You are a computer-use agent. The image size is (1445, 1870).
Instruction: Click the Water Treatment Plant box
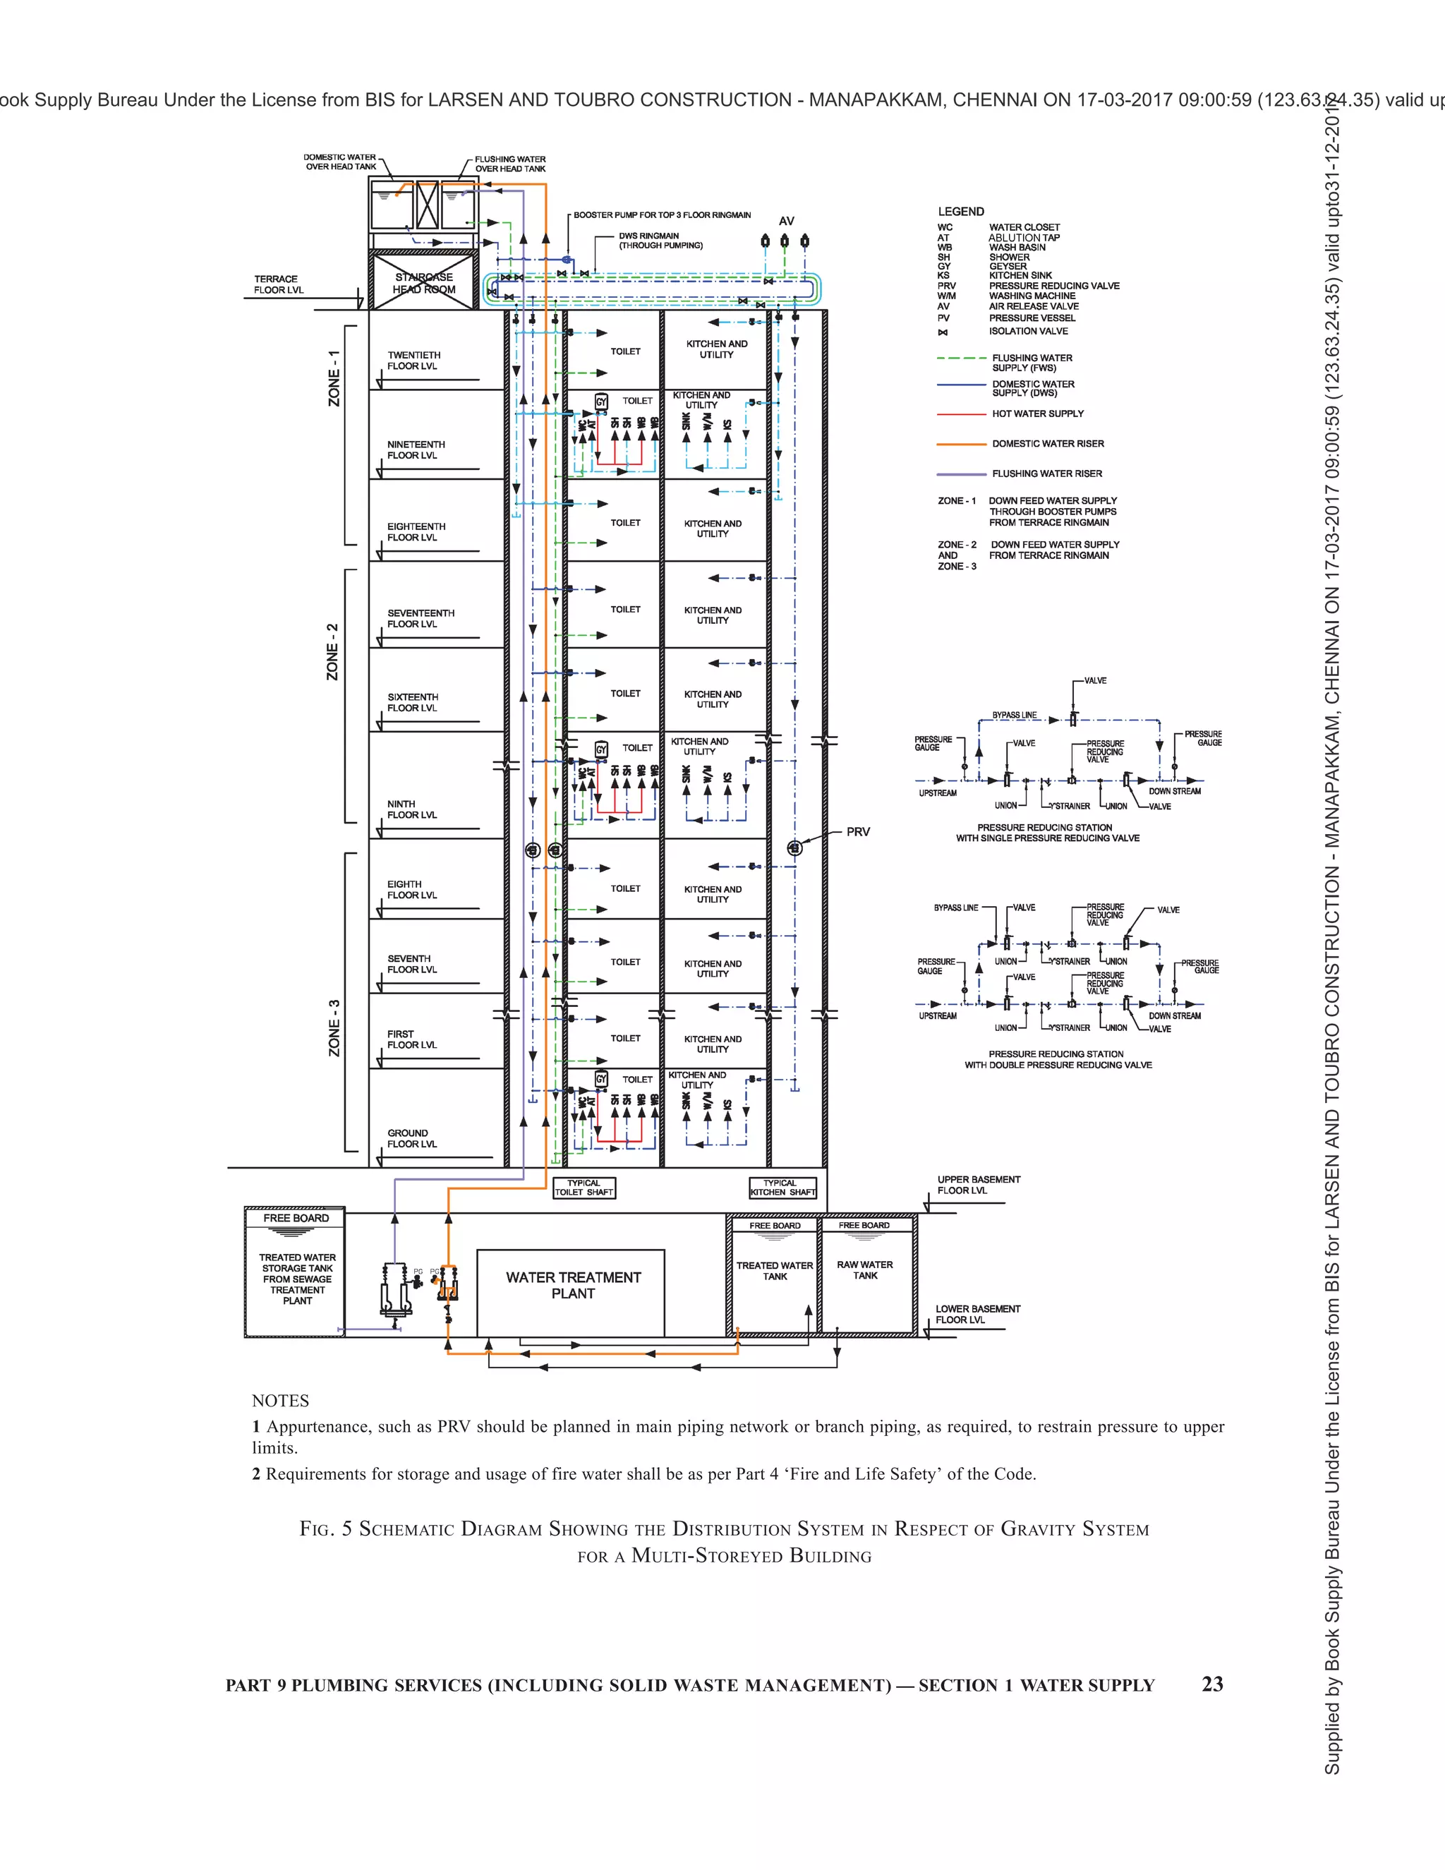[571, 1292]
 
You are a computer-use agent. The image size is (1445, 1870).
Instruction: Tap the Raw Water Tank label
[864, 1269]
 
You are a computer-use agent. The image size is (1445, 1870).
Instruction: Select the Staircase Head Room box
[423, 284]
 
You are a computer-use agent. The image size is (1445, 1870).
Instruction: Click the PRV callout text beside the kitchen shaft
[858, 831]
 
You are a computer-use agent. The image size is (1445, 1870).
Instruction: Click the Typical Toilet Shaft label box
[584, 1188]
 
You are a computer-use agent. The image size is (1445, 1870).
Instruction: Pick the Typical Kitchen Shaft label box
[782, 1188]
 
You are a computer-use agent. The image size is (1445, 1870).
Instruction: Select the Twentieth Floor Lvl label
[413, 361]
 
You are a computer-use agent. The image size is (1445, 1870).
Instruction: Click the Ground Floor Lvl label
[412, 1138]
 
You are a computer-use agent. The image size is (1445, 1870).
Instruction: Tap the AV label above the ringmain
[786, 221]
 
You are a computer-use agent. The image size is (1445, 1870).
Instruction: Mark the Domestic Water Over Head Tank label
[340, 162]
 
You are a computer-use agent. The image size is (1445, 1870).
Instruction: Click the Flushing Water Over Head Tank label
[510, 164]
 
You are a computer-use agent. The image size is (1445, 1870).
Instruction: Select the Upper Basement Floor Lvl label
[979, 1185]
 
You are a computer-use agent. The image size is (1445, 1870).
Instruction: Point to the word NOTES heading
[280, 1401]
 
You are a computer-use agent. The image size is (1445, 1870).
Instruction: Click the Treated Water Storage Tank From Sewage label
[297, 1279]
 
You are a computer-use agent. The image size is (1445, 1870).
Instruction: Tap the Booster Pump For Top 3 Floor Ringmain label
[662, 215]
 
